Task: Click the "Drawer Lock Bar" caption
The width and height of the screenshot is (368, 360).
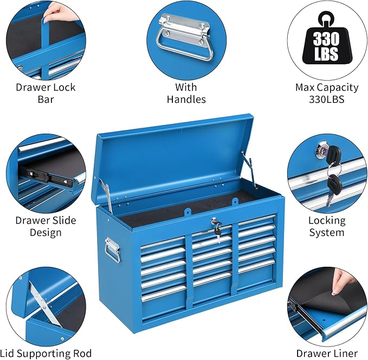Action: pyautogui.click(x=46, y=93)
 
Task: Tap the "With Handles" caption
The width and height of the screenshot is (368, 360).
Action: pyautogui.click(x=186, y=93)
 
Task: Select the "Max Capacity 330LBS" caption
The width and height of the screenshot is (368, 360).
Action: pyautogui.click(x=326, y=93)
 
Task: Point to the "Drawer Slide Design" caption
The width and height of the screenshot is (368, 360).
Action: pyautogui.click(x=46, y=226)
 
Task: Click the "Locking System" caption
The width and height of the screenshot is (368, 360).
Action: pyautogui.click(x=326, y=226)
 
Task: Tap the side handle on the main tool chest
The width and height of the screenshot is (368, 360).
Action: pyautogui.click(x=112, y=250)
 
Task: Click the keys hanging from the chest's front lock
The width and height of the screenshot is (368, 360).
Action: pyautogui.click(x=217, y=230)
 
